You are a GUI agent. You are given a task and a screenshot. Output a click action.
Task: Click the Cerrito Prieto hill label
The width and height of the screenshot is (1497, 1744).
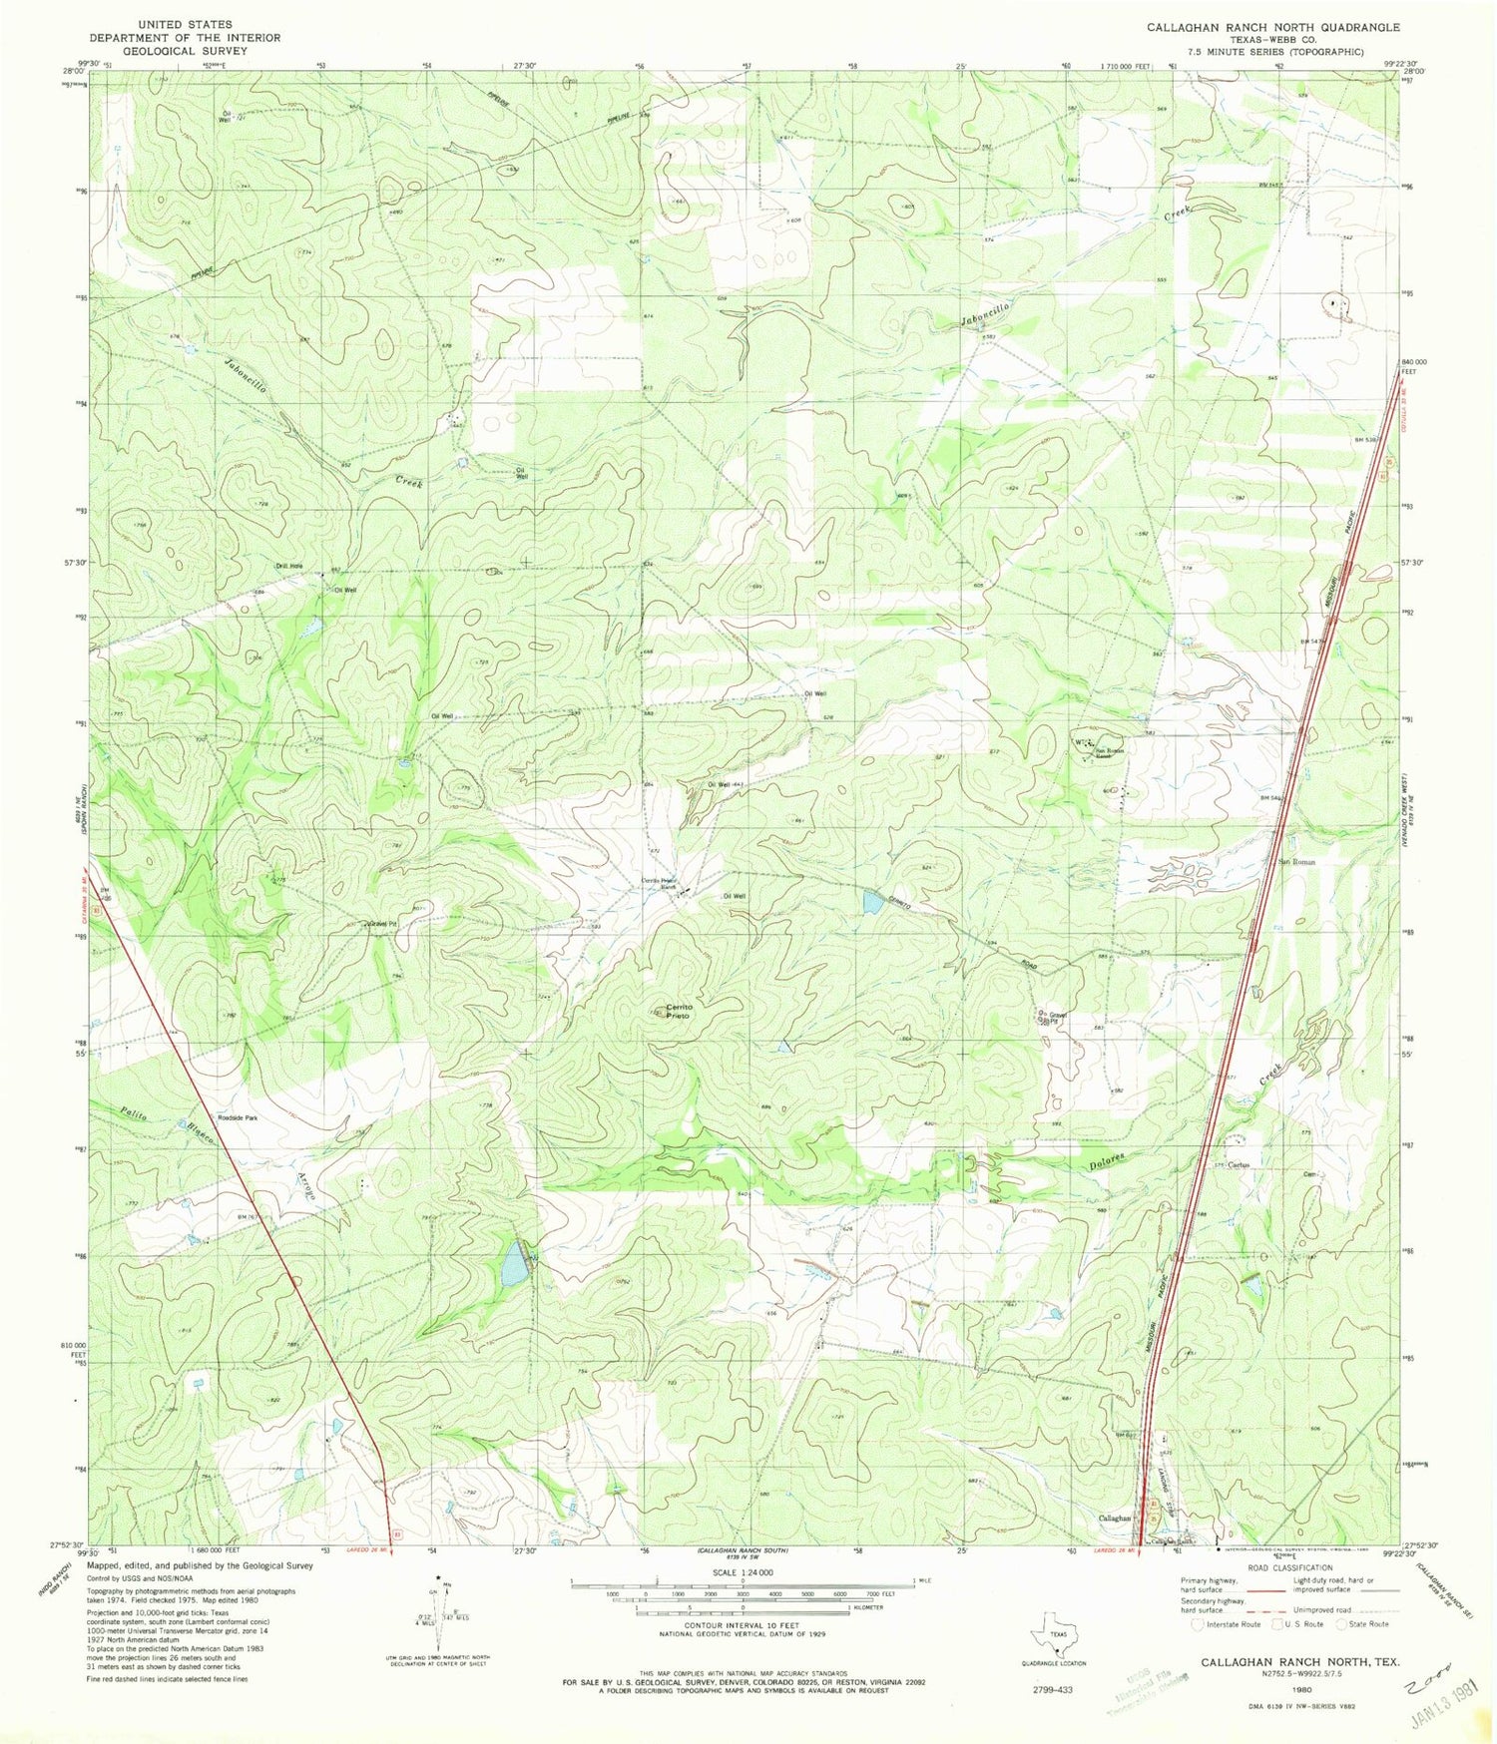[x=680, y=1011]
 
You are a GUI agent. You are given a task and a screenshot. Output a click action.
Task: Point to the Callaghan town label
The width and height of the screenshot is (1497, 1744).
[x=1115, y=1518]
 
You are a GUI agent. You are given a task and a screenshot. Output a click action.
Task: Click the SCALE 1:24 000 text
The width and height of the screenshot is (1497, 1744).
[x=741, y=1572]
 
